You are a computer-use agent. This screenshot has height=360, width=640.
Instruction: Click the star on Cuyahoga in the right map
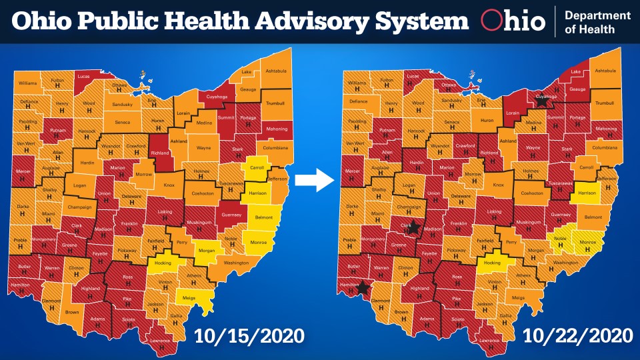pos(541,101)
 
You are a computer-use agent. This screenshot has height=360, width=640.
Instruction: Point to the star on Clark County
pos(415,227)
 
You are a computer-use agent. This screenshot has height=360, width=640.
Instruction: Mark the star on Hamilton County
pos(363,288)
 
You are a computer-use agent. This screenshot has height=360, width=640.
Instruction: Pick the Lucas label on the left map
pos(84,77)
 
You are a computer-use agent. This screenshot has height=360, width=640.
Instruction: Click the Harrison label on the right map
pos(586,193)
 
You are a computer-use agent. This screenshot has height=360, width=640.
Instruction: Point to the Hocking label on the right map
pos(492,263)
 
